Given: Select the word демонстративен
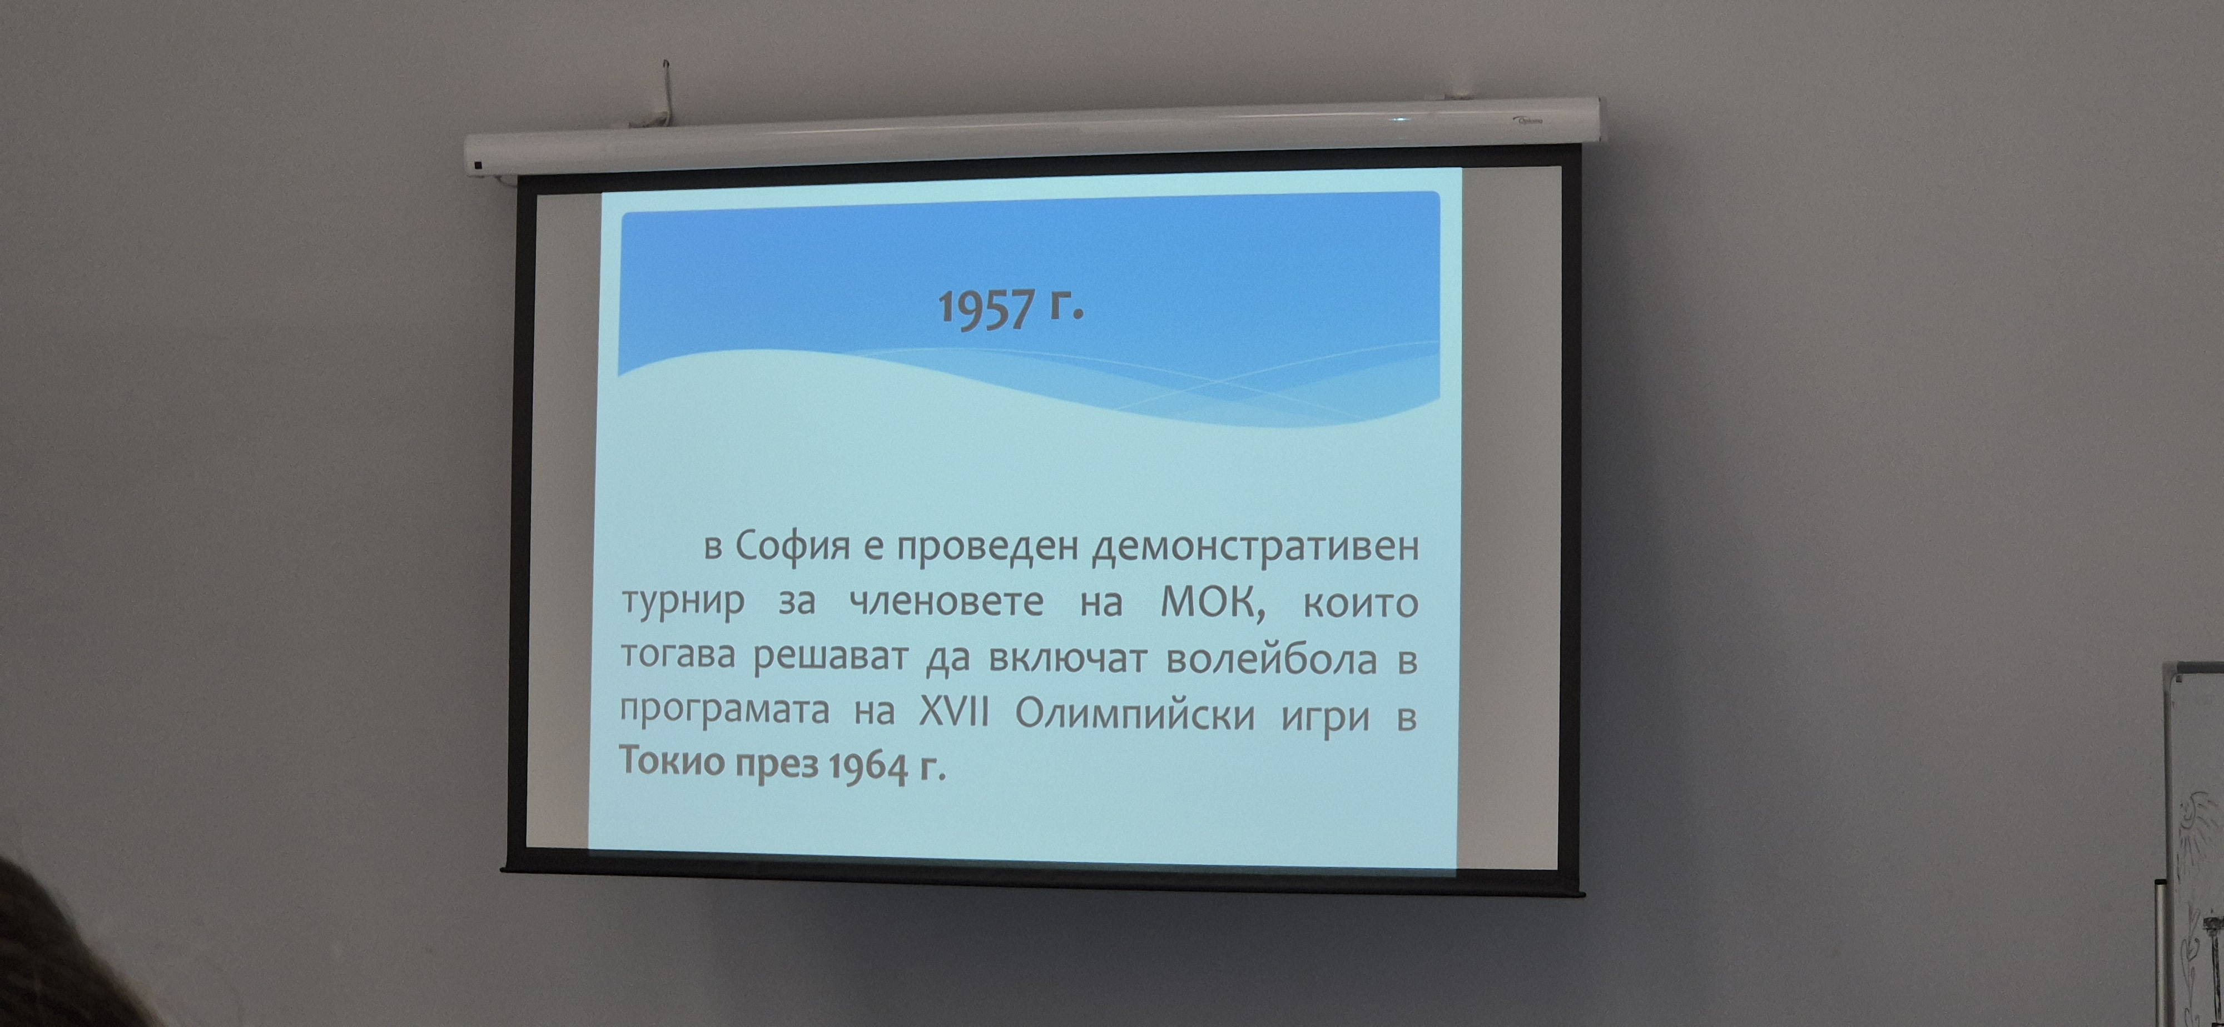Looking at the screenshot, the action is pos(1256,548).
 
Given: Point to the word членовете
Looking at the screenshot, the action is pos(946,601).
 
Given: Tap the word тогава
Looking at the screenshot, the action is pos(678,656).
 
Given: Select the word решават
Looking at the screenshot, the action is pos(831,657).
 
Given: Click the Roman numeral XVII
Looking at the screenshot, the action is pos(953,713).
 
